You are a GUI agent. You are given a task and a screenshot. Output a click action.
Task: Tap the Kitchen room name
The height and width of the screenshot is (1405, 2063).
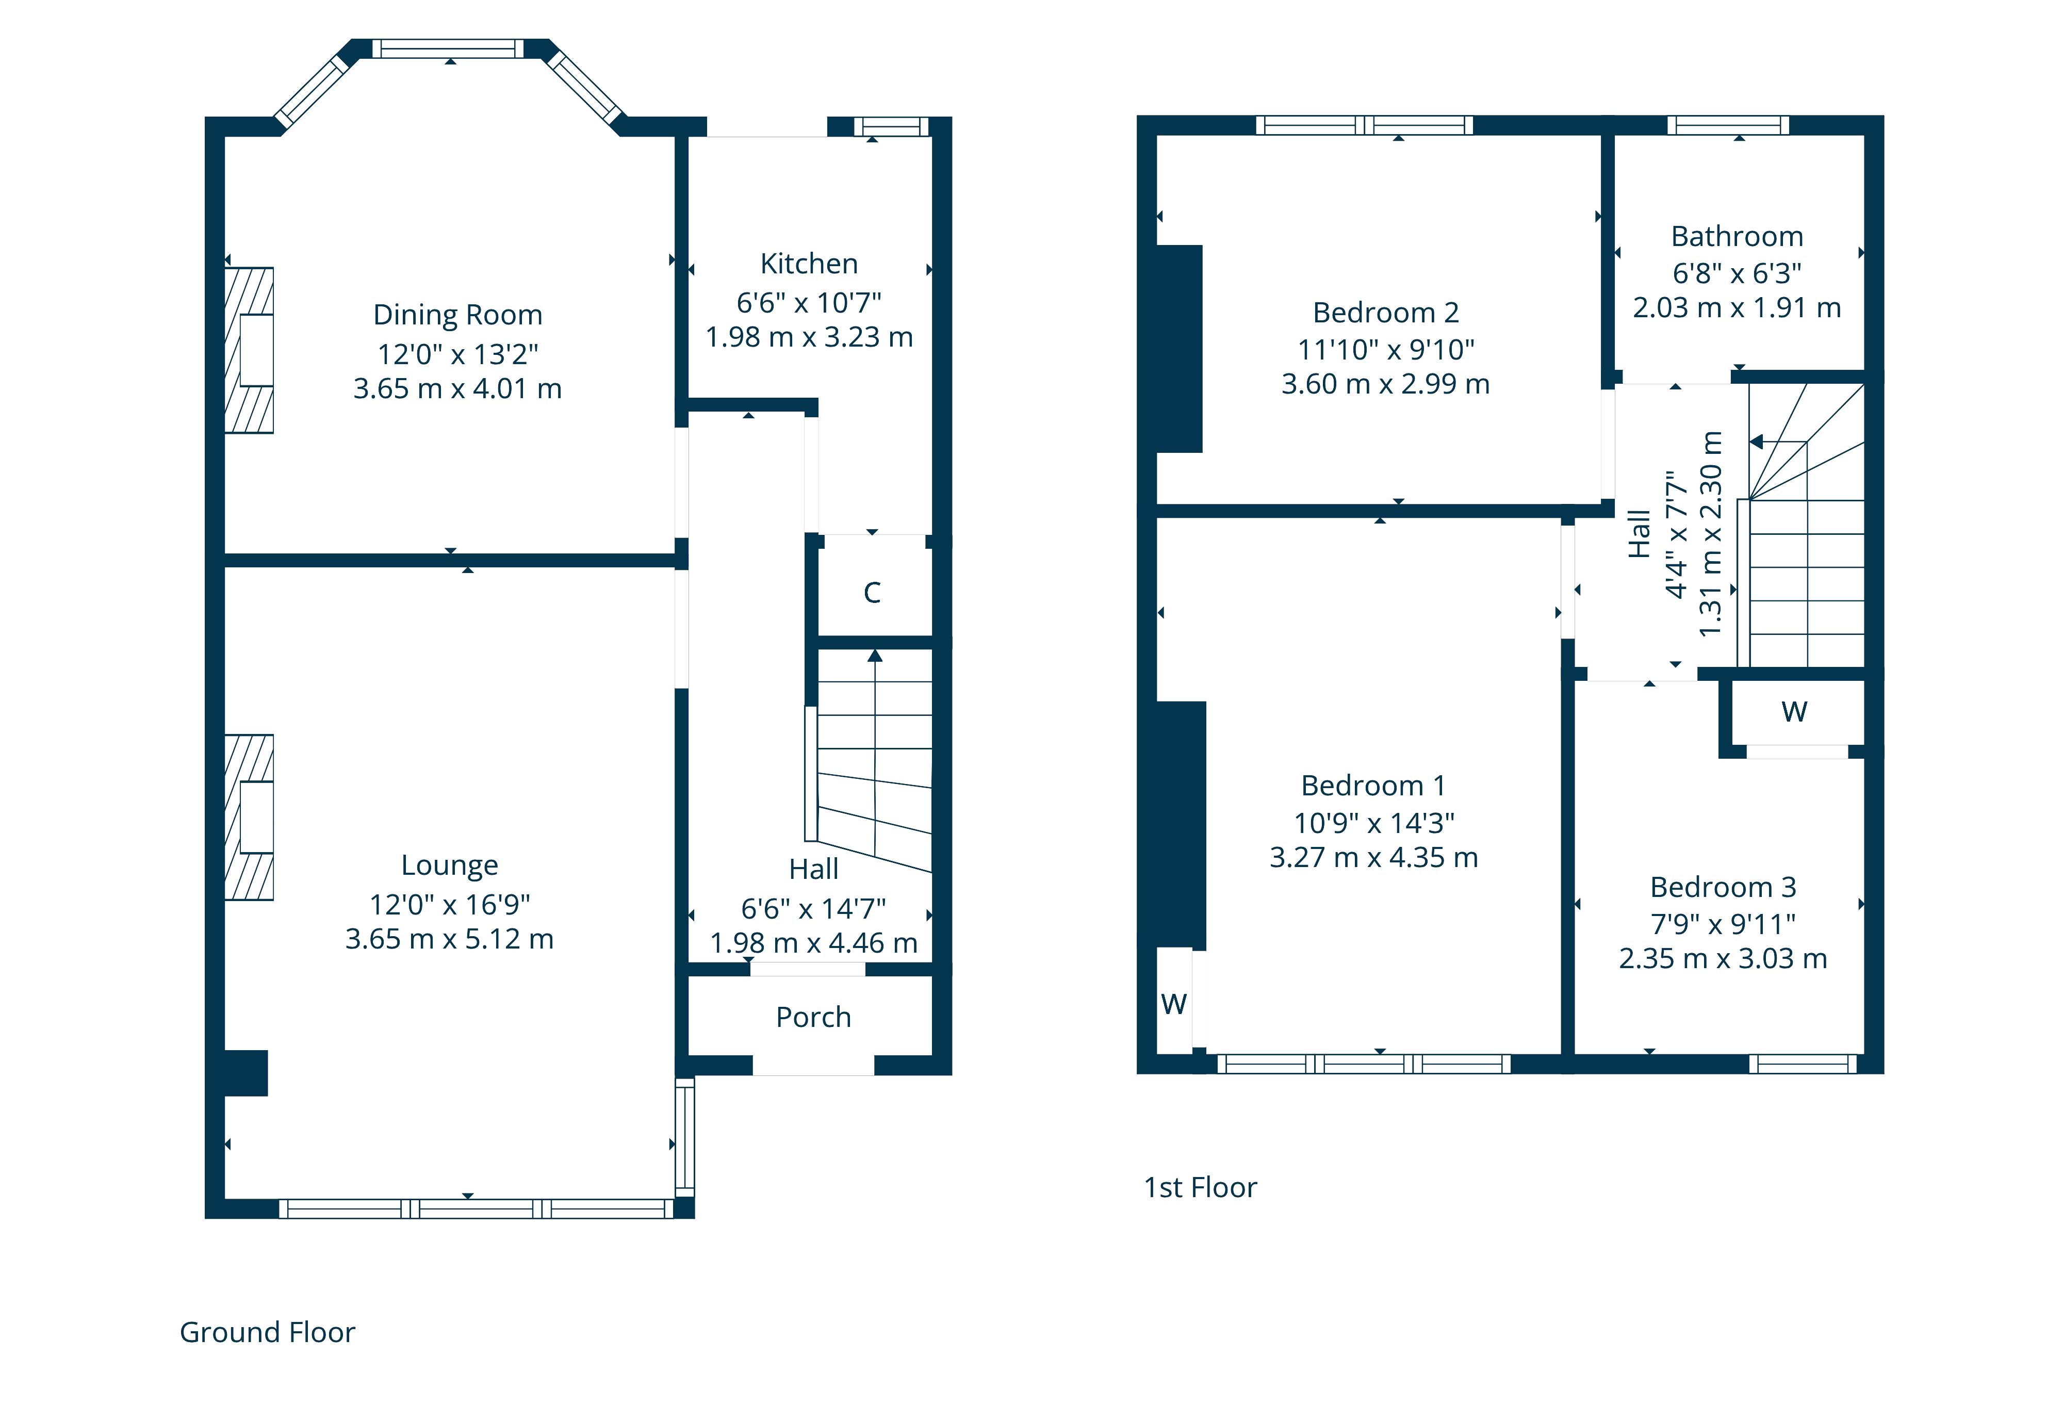809,264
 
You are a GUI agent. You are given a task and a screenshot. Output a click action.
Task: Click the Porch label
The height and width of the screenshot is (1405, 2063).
813,1017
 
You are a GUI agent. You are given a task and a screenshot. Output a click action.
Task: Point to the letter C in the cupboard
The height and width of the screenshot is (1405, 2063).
872,593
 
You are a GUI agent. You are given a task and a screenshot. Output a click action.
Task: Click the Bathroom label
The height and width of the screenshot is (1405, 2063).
1737,236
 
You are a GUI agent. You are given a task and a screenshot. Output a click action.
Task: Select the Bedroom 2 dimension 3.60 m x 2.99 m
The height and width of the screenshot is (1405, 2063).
1386,384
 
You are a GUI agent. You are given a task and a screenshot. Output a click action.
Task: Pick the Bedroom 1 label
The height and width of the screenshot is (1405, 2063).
1373,786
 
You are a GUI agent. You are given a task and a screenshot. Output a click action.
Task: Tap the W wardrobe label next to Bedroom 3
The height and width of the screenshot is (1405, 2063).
1794,712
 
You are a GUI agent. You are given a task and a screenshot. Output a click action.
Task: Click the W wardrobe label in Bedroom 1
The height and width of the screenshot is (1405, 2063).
1173,1004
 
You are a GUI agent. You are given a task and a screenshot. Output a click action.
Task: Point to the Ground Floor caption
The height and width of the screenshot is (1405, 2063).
267,1332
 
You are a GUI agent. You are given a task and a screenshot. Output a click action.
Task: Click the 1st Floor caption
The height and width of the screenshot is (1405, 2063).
1200,1187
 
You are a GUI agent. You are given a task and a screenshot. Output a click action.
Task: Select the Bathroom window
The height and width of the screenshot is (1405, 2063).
1727,125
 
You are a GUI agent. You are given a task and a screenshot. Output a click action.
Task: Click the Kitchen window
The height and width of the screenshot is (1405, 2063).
891,126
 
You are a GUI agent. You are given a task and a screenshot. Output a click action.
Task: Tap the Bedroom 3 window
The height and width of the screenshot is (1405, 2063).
1803,1064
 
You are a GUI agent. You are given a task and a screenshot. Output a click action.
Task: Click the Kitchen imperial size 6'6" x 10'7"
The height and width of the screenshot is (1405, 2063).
809,303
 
